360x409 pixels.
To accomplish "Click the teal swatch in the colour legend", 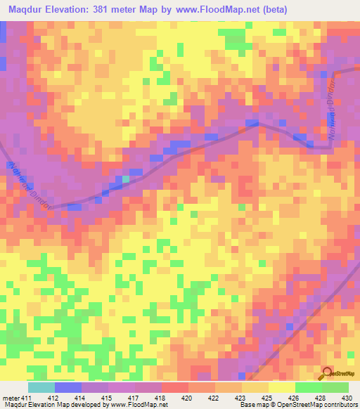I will [41, 387].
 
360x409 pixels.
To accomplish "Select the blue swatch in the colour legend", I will [68, 387].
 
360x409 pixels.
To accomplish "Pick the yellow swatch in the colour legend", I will [281, 387].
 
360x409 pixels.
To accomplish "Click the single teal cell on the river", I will [126, 179].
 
